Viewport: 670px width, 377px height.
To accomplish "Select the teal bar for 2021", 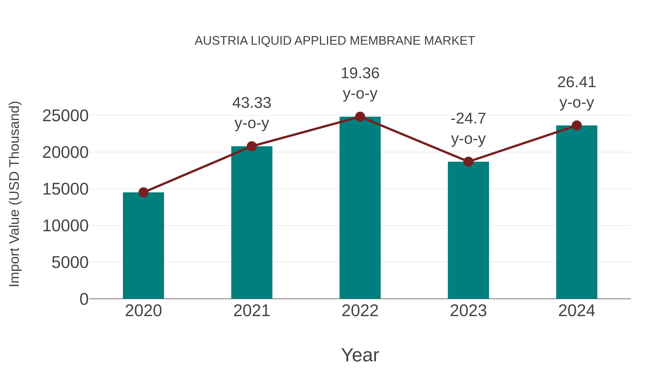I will [x=251, y=222].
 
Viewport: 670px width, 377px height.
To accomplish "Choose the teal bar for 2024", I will [x=577, y=212].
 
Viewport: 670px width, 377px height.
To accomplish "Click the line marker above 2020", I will [x=143, y=193].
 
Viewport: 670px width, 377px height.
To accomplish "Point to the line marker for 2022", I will [x=360, y=117].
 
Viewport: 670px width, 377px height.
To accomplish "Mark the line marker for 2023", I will [x=468, y=162].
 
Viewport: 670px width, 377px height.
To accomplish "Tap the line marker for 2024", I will [x=577, y=126].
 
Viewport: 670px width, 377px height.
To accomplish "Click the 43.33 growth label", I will [x=251, y=103].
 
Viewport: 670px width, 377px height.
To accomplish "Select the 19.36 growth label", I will [x=360, y=73].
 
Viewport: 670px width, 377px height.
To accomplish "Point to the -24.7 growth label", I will [x=468, y=119].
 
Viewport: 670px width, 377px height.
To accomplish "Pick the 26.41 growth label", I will [x=577, y=82].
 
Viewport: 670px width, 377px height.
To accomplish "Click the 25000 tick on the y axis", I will [x=65, y=116].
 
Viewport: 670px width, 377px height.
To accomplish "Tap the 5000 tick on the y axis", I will [x=70, y=262].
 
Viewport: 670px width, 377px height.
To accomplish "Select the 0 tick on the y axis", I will [x=84, y=299].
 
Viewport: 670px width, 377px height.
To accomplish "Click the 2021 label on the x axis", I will [x=251, y=311].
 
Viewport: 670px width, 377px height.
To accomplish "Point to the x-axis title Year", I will [x=360, y=355].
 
